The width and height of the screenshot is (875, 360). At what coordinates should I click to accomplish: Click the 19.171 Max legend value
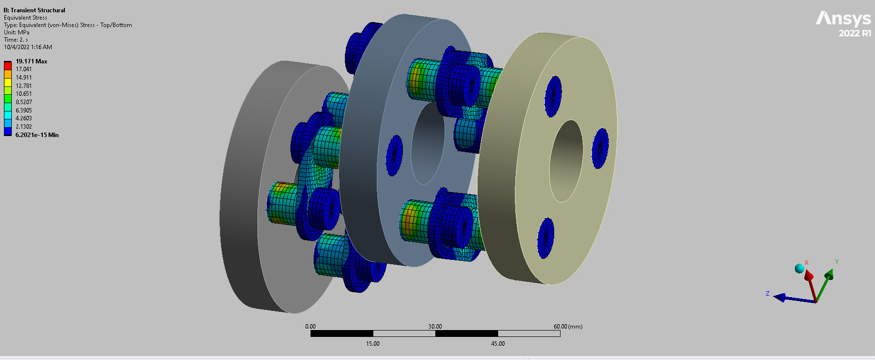(x=31, y=61)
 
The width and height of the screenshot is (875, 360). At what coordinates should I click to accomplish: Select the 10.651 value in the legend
(x=24, y=94)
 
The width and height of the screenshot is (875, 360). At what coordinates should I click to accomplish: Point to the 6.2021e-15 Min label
(x=37, y=135)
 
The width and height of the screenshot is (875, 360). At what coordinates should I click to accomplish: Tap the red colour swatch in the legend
(x=8, y=65)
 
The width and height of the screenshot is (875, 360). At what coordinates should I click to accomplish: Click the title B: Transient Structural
(x=34, y=10)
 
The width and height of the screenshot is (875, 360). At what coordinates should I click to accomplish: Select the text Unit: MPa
(x=17, y=32)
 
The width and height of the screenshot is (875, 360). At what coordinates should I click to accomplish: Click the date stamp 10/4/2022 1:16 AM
(x=28, y=47)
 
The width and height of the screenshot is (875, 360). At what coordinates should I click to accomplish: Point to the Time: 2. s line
(x=16, y=40)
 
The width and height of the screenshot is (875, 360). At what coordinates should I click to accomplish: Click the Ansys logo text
(x=843, y=19)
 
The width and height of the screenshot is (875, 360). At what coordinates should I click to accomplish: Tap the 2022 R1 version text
(x=855, y=33)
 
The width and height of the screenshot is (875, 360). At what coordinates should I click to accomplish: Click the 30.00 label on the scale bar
(x=435, y=327)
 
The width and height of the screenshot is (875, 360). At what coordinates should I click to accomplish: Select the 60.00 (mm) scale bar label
(x=568, y=327)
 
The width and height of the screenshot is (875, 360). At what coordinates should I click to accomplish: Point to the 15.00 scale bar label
(x=372, y=344)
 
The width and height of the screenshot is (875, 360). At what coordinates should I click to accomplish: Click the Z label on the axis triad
(x=767, y=294)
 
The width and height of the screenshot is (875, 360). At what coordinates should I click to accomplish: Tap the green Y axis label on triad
(x=837, y=262)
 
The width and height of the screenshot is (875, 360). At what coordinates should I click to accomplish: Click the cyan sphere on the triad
(x=799, y=269)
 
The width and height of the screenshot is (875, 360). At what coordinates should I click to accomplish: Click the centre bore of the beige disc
(x=566, y=161)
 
